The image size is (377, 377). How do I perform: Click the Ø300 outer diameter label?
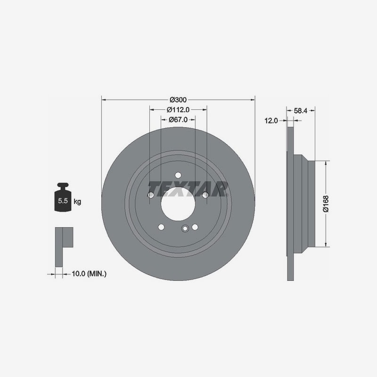[x=178, y=99]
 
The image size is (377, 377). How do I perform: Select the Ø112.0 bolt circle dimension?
[x=178, y=110]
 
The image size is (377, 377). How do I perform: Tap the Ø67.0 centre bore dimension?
[x=178, y=120]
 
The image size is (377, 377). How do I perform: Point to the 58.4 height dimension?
[x=301, y=111]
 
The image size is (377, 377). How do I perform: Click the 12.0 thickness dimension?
[x=271, y=121]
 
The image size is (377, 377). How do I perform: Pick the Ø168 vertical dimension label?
[x=326, y=204]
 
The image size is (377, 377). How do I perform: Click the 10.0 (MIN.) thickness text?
[x=89, y=274]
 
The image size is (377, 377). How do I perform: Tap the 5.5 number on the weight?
[x=63, y=201]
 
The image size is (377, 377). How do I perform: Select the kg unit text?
[x=77, y=202]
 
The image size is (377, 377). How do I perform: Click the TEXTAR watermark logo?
[x=188, y=189]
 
